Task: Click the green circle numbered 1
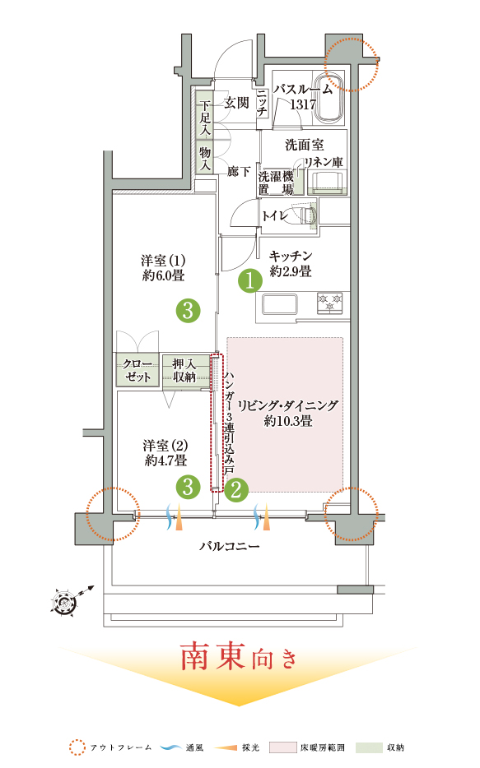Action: click(250, 281)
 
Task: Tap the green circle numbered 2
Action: click(236, 489)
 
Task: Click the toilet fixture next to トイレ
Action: click(307, 215)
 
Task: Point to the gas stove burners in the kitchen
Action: click(329, 303)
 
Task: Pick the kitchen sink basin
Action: click(279, 304)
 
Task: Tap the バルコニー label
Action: click(229, 546)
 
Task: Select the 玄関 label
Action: click(237, 103)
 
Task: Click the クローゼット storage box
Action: click(137, 370)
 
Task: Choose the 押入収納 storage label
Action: click(184, 370)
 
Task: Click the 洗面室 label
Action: click(305, 145)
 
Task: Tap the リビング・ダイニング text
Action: click(288, 405)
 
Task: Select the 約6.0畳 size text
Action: click(164, 275)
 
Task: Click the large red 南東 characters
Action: click(212, 657)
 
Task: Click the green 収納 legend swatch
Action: click(369, 747)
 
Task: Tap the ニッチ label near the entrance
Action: click(262, 103)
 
